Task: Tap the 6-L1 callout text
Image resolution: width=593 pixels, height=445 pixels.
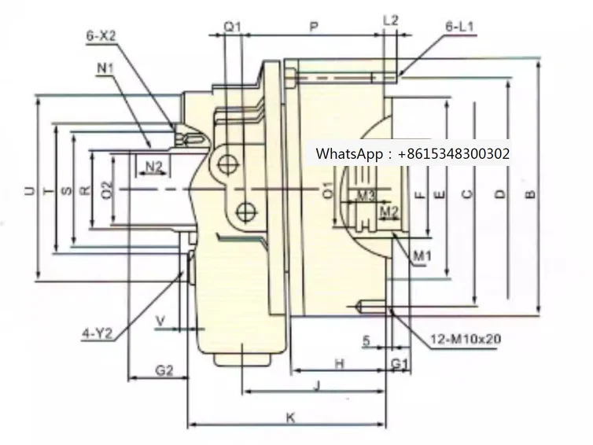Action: coord(459,26)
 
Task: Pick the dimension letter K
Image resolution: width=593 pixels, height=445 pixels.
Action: coord(290,418)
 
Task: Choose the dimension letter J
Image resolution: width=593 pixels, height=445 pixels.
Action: coord(316,384)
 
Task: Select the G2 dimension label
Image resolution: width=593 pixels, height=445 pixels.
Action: coord(163,370)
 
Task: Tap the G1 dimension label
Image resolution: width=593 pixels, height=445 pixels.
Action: coord(400,362)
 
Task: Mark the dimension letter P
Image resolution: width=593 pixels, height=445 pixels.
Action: coord(313,27)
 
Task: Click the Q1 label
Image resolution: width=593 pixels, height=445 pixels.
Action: coord(231,27)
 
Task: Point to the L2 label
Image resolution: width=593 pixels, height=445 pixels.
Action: coord(391,19)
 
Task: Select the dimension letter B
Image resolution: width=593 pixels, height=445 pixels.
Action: coord(531,192)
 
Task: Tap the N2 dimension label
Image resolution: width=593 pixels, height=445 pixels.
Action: coord(153,166)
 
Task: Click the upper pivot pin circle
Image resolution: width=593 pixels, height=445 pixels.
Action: coord(229,164)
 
